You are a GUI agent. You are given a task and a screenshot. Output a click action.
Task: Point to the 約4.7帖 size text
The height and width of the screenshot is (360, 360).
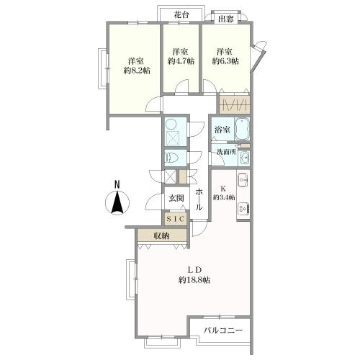(x=181, y=62)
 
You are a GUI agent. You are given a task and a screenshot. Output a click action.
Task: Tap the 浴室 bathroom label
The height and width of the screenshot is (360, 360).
(x=222, y=130)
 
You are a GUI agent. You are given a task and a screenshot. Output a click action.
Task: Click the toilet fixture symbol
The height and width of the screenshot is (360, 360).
(x=174, y=156)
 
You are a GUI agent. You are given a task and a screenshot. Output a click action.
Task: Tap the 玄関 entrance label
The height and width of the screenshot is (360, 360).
(x=176, y=199)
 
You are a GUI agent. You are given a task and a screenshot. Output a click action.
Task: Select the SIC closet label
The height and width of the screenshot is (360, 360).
(x=176, y=218)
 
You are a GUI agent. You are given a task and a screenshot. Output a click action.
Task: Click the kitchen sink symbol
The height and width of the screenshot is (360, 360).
(x=242, y=179)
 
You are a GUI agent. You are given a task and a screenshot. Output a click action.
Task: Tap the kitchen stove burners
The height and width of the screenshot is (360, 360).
(x=243, y=208)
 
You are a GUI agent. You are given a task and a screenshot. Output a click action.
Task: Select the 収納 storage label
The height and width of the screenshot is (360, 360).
(x=161, y=235)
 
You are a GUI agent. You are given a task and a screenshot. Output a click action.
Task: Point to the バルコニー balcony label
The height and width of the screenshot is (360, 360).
(x=222, y=330)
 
